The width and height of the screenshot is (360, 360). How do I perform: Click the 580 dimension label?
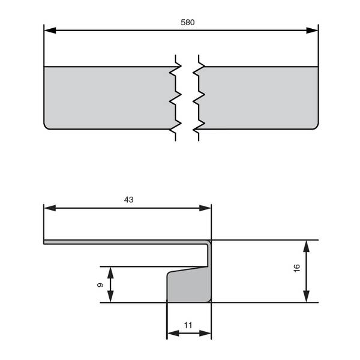(x=188, y=22)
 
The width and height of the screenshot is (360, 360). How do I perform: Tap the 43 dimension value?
(x=128, y=200)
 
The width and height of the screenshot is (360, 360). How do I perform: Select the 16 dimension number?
(x=297, y=268)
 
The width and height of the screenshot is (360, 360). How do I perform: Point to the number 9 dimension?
(x=100, y=285)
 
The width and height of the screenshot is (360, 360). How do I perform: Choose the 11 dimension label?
(x=188, y=325)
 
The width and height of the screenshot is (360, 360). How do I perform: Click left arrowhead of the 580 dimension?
(x=50, y=31)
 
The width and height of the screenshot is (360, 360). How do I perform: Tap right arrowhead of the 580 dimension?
(x=312, y=31)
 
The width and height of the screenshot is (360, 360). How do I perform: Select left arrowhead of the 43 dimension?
(x=50, y=208)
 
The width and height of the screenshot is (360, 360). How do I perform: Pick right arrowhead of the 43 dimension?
(x=205, y=208)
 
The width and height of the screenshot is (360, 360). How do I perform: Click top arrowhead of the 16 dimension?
(x=306, y=246)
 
